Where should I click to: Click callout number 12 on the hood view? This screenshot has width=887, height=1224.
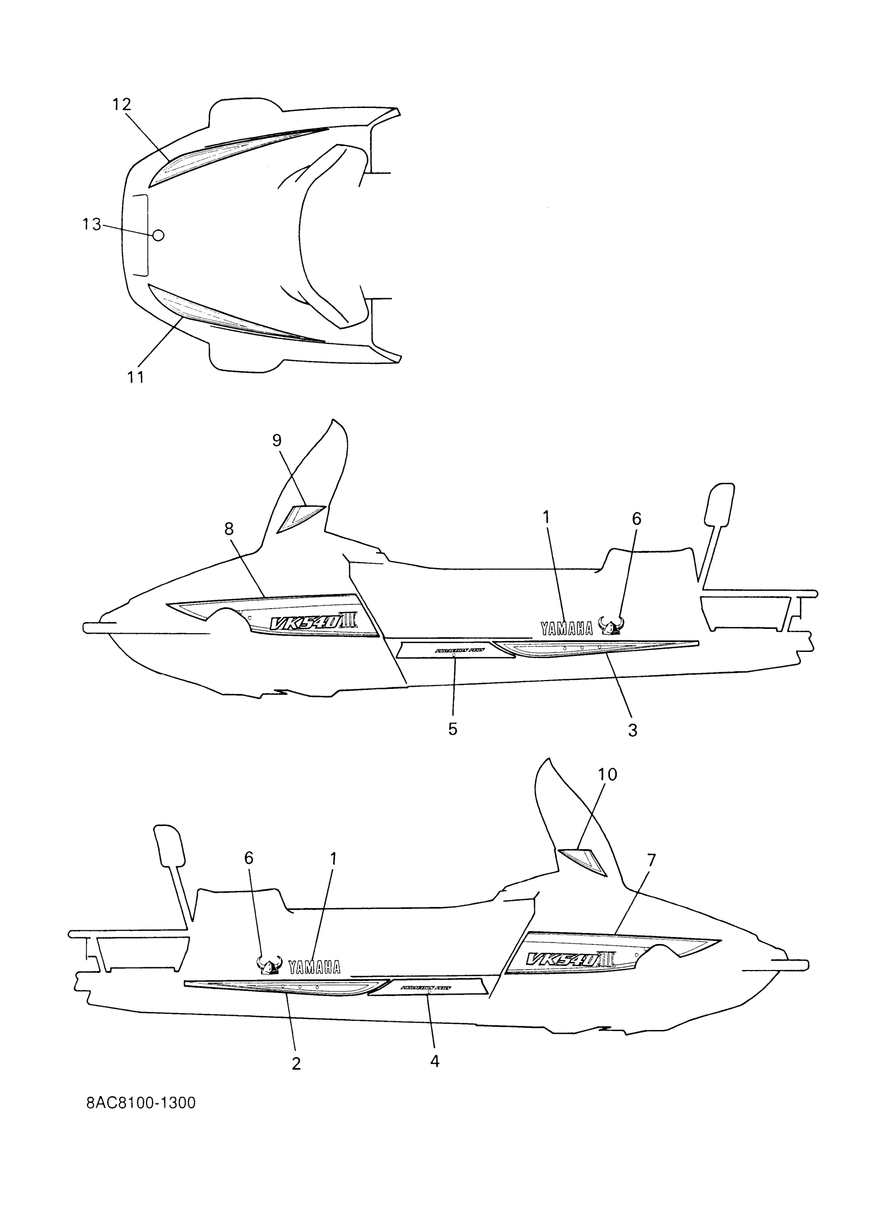122,104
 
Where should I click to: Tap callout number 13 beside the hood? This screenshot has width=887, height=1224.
92,224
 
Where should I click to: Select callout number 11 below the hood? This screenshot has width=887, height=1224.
136,377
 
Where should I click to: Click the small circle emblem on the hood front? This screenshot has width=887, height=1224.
158,235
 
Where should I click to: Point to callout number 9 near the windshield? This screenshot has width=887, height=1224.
277,441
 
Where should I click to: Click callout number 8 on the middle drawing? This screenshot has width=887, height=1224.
229,529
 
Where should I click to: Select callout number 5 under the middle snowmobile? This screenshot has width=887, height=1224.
452,729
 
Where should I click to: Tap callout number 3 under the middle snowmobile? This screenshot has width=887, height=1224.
633,730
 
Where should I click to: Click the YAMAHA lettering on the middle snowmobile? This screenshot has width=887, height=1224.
567,628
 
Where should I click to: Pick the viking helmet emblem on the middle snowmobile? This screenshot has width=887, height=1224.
610,626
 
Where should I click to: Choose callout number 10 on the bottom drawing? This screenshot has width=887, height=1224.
607,774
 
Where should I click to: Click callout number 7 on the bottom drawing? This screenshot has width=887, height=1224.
651,861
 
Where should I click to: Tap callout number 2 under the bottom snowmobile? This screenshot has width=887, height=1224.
296,1063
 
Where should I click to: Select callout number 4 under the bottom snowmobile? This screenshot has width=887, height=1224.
435,1062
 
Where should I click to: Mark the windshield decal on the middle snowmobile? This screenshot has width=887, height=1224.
302,516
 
